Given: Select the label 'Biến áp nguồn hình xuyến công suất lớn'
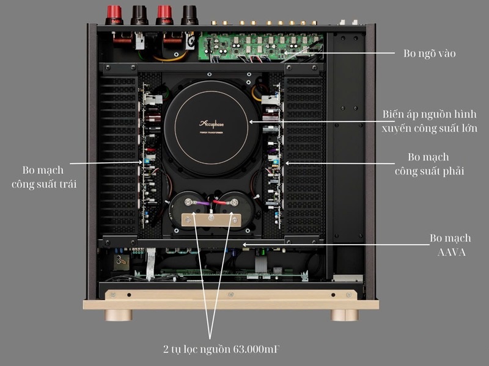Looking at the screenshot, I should pos(429,121).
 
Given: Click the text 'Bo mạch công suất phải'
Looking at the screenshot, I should pos(429,164).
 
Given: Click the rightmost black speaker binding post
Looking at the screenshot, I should pos(188,12).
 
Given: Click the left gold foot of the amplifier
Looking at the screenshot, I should pos(120,315).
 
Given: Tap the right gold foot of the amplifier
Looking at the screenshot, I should pos(341,315).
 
